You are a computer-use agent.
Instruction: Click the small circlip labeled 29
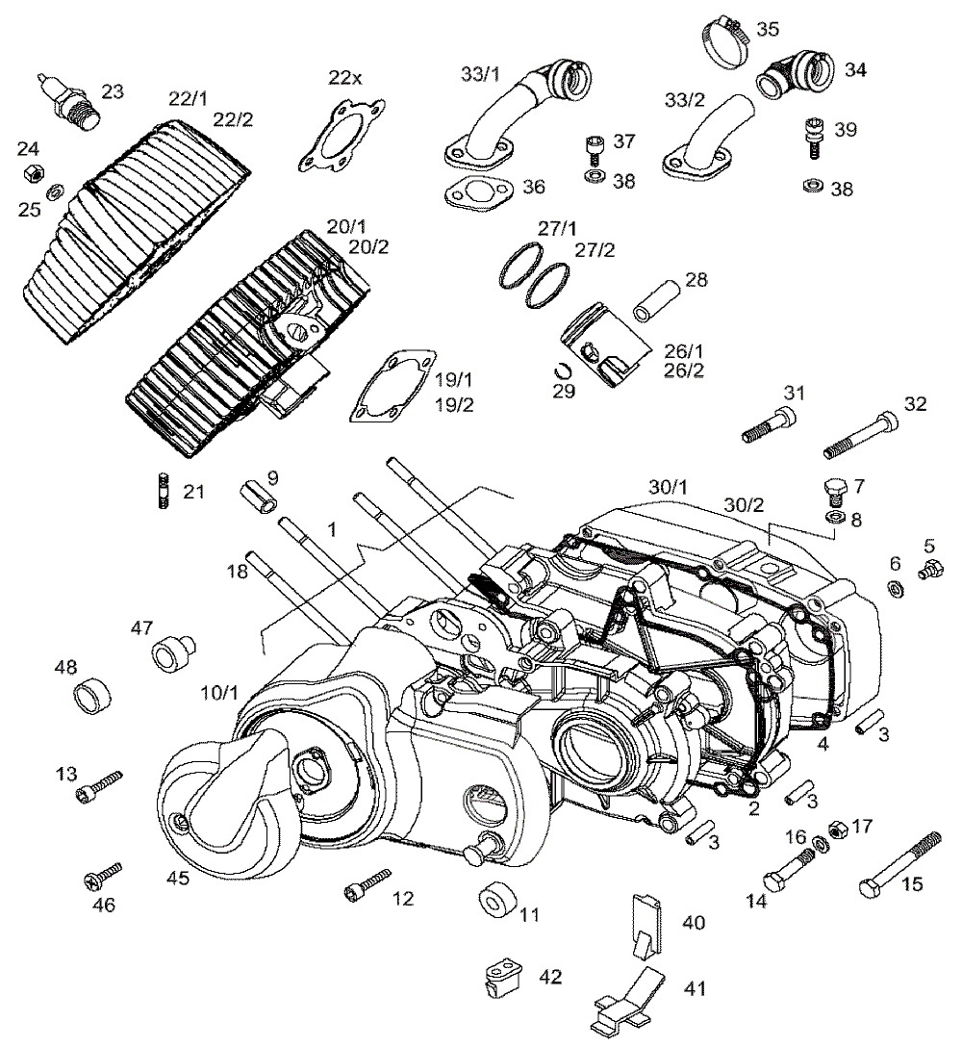566,369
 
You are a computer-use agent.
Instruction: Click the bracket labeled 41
631,996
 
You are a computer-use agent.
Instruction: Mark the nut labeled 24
32,173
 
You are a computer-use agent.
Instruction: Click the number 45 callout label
178,878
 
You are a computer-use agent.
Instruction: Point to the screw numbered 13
99,785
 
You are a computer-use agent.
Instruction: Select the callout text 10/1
219,692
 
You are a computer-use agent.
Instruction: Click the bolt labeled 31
770,424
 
